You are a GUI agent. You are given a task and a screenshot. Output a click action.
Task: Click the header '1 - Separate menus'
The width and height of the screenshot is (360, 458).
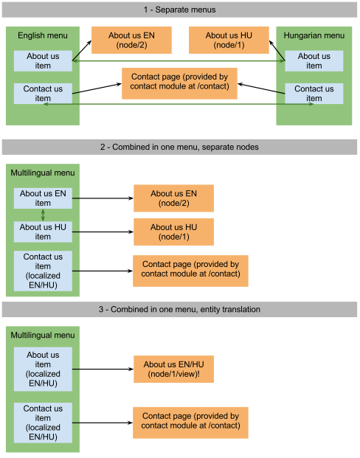coord(179,10)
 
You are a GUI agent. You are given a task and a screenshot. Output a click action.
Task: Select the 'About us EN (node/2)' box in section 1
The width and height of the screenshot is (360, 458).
coord(131,41)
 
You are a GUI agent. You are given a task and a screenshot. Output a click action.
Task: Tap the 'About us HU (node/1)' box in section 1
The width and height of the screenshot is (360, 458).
coord(229,41)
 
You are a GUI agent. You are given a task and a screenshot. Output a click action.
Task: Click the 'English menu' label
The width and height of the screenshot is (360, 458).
coord(43,35)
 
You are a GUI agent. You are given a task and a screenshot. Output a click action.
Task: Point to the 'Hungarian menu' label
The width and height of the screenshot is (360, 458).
coord(314,35)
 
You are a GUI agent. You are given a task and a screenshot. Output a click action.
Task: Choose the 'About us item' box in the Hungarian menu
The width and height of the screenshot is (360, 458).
coord(314,61)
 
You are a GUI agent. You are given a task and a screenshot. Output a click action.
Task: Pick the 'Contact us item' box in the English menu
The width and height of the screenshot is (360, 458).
coord(43,94)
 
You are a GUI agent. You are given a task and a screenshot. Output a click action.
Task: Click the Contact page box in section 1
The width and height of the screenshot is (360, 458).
coord(179,83)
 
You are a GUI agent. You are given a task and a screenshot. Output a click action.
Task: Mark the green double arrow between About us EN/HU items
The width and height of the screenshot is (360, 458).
coord(43,215)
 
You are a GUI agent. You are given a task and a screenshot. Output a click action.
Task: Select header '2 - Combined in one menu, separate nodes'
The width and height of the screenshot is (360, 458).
coord(179,147)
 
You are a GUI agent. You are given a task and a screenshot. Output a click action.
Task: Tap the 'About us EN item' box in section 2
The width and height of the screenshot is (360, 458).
coord(43,198)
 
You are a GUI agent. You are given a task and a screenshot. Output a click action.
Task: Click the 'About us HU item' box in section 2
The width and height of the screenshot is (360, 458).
coord(43,232)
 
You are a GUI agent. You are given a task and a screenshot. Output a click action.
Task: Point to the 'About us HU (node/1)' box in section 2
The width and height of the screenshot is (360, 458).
coord(173,232)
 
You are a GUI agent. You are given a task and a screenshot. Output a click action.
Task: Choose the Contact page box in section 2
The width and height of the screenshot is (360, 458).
coord(190,271)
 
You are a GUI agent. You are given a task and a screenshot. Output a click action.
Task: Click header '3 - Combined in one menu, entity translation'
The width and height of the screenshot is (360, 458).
coord(179,309)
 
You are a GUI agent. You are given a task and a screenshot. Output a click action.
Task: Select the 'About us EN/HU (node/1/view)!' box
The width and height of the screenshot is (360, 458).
coord(173,369)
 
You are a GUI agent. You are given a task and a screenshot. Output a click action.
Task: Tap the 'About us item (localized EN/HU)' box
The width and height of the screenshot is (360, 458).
coord(43,369)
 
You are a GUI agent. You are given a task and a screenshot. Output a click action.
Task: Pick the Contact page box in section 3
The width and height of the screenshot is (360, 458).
coord(190,423)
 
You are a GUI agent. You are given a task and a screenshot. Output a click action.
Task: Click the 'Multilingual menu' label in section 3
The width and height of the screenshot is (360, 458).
coord(43,335)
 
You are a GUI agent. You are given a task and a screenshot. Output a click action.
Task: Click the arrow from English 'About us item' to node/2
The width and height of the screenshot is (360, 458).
coord(82,51)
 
